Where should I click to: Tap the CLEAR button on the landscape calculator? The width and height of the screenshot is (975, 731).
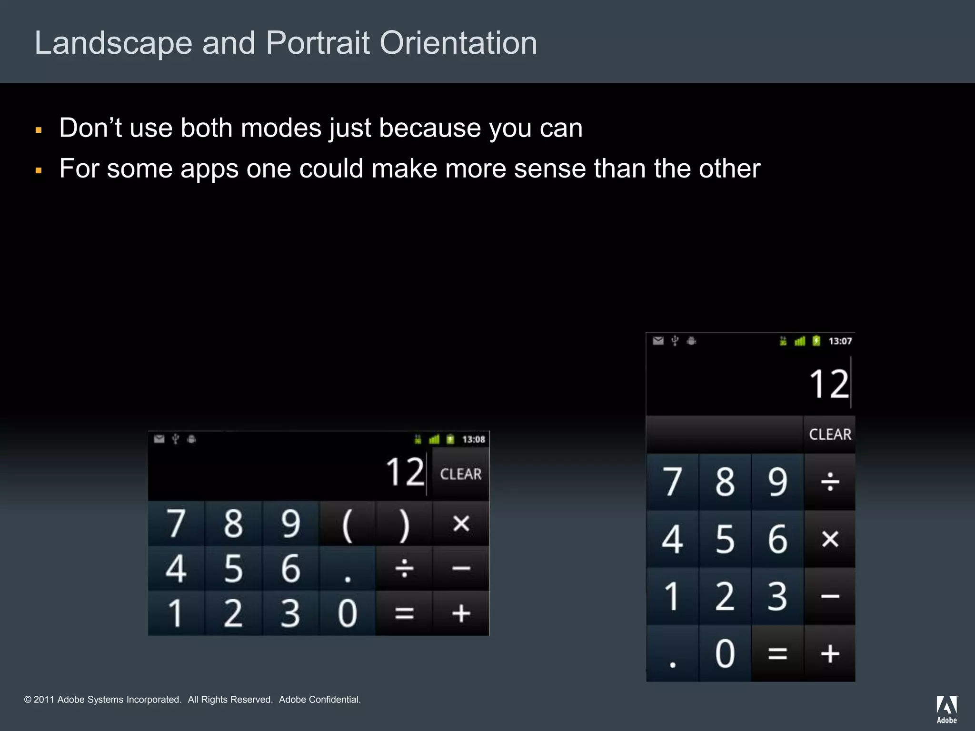(x=460, y=474)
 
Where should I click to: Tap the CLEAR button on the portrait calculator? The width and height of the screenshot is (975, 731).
(x=830, y=434)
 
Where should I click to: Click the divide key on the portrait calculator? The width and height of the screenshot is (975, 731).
(x=830, y=482)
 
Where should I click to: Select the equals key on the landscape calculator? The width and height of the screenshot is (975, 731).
(x=404, y=613)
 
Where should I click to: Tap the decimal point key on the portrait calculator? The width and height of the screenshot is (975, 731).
(x=672, y=654)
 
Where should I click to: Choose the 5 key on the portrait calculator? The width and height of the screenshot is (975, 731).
(x=725, y=539)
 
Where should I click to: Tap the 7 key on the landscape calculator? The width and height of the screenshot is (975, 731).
(x=176, y=524)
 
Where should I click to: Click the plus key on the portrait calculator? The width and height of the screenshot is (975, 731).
(x=830, y=654)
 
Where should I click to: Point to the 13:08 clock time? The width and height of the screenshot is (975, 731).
(x=473, y=439)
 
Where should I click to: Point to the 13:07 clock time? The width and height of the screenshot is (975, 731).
(x=840, y=341)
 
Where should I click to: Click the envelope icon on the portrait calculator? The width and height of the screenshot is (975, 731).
(x=658, y=341)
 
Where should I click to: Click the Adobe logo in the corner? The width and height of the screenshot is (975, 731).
(x=946, y=709)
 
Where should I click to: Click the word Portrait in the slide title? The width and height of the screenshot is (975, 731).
(x=318, y=43)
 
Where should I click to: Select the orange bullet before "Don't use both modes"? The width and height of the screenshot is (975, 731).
(x=39, y=130)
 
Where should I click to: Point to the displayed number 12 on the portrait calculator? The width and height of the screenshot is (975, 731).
(x=829, y=384)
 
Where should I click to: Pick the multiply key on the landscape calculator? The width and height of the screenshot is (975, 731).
(x=461, y=524)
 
